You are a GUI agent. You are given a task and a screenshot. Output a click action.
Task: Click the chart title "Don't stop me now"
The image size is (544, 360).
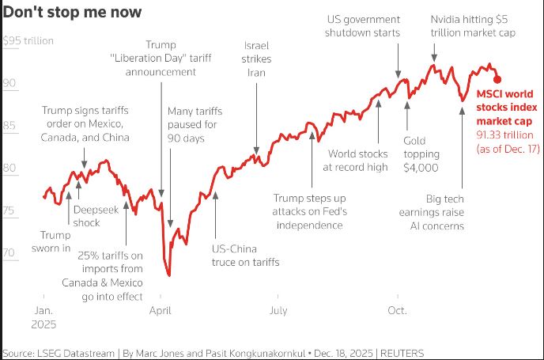coord(73,13)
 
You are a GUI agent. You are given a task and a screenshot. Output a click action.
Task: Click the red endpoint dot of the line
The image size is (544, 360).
coord(497,78)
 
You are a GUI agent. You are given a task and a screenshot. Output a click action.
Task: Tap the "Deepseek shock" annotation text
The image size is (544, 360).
coord(98,217)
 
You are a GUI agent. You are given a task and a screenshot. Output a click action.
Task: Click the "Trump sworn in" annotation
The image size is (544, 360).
coord(55,241)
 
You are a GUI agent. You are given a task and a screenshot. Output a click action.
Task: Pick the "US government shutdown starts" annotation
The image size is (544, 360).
coord(364,25)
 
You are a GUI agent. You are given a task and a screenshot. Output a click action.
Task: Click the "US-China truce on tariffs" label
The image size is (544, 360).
coord(245,255)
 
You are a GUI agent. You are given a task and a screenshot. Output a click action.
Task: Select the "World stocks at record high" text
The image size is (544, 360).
coord(358,160)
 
